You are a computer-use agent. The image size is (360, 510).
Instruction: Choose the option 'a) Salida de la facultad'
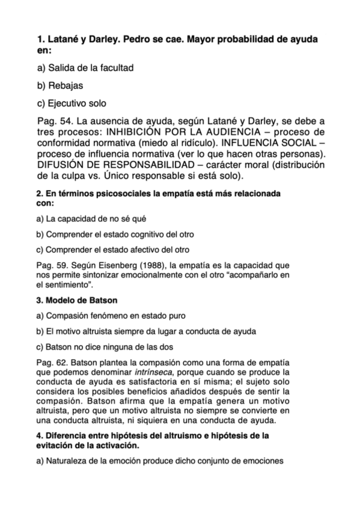85,68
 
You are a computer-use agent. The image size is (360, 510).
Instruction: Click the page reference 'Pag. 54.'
56,122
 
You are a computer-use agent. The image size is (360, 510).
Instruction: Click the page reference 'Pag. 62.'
52,361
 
